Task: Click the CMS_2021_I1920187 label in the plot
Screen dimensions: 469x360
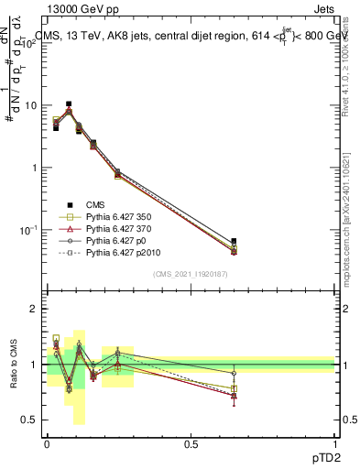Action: (x=191, y=274)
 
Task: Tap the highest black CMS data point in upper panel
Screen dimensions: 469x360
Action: (x=69, y=104)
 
